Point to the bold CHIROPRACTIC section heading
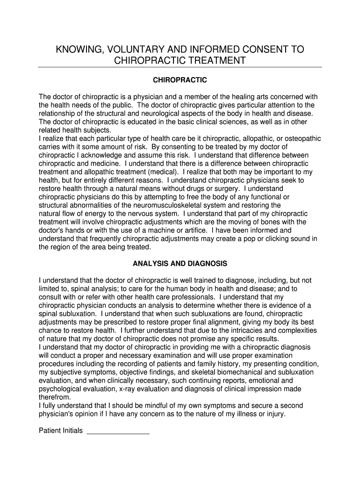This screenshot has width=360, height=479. [x=180, y=80]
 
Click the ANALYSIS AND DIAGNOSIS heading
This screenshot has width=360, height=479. [x=180, y=264]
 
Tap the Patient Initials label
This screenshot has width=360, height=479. [x=61, y=430]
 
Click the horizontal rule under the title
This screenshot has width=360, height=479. [x=180, y=67]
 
